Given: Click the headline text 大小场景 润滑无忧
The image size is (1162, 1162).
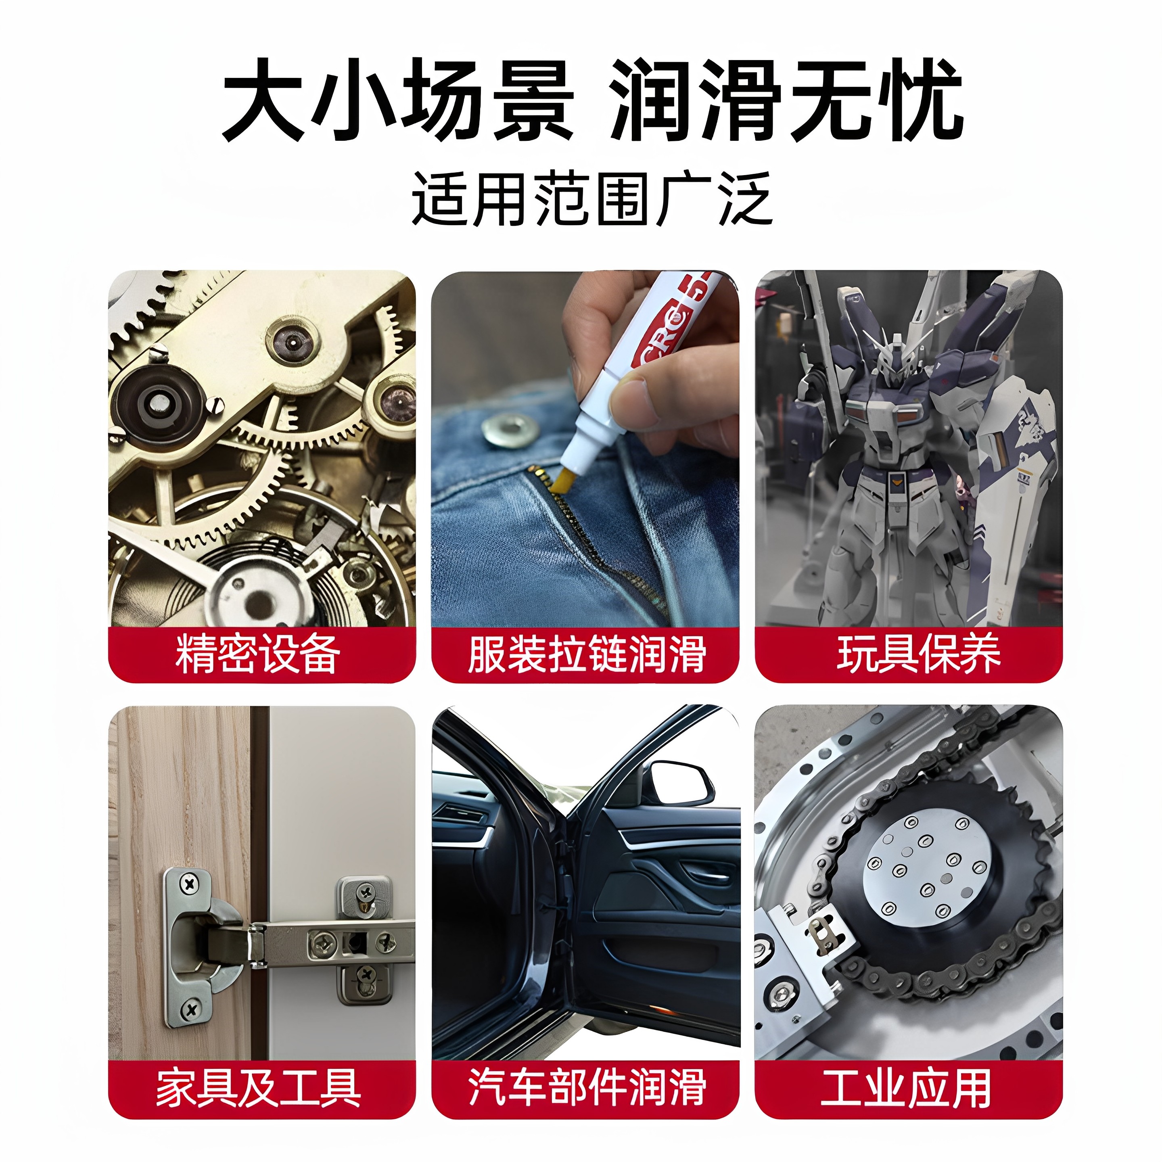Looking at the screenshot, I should coord(592,100).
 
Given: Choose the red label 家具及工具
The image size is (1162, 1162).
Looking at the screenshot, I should coord(259,1088).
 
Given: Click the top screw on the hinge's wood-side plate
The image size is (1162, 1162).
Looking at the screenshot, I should coord(190,884).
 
